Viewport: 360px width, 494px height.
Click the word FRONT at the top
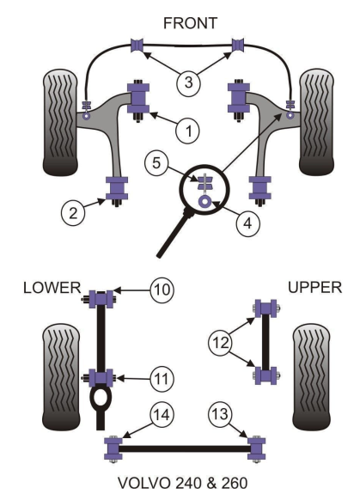pos(190,23)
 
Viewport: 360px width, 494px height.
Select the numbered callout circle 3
pos(188,82)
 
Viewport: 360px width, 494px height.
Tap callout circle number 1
pos(188,131)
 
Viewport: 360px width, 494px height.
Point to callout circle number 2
pos(73,213)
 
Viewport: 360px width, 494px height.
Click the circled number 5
pos(156,163)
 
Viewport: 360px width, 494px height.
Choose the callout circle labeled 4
pos(247,223)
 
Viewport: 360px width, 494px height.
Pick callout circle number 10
pos(162,290)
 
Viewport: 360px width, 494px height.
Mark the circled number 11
pos(162,379)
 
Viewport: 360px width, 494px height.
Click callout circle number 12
pos(220,343)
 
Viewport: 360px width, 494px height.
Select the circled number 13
pos(220,413)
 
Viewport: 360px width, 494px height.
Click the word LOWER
pos(52,288)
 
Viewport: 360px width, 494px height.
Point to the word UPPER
pos(315,288)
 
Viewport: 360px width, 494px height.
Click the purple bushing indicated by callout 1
pos(138,98)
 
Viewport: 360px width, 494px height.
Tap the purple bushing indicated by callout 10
pos(101,299)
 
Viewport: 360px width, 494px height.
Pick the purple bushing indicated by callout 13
pos(257,448)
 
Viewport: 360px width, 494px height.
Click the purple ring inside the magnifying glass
pos(205,201)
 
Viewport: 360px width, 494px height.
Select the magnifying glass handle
pos(174,235)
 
